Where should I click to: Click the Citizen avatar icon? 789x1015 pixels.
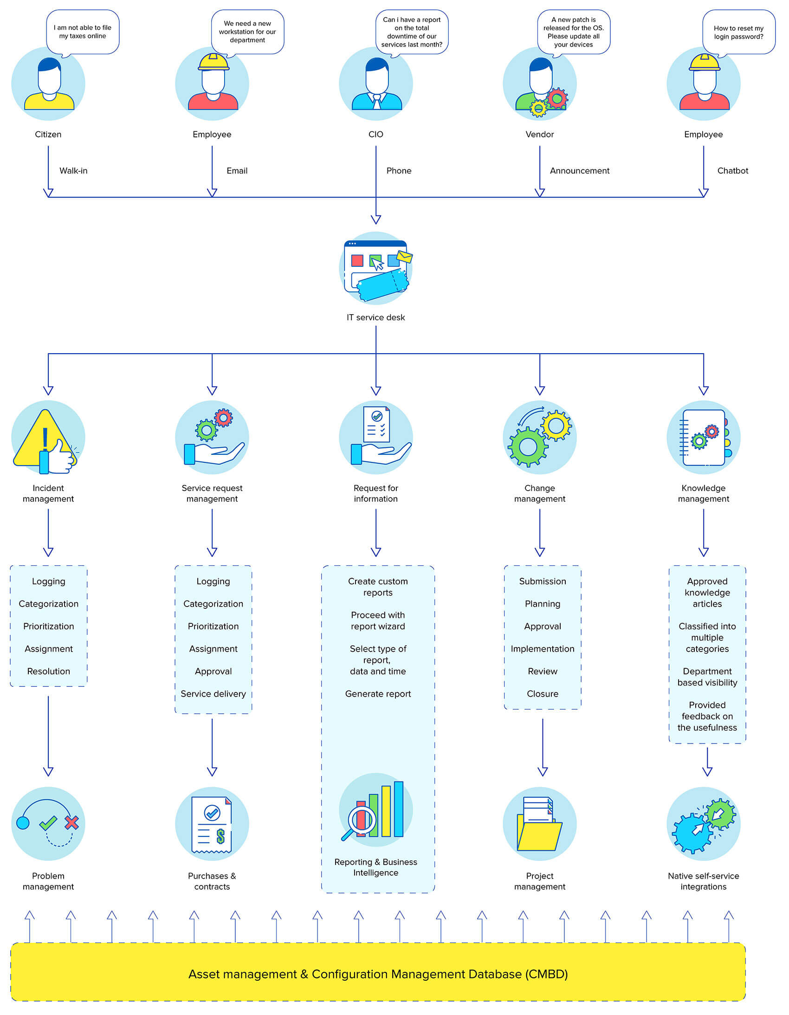click(x=48, y=84)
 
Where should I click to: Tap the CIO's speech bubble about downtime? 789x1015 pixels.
click(x=412, y=32)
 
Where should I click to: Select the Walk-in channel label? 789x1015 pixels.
click(x=73, y=171)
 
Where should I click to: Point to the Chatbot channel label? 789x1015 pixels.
click(x=732, y=171)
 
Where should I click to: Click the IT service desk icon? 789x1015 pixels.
click(x=376, y=269)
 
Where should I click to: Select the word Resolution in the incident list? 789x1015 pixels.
click(x=49, y=672)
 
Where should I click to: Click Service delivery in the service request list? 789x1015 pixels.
click(x=213, y=694)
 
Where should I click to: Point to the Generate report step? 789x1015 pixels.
click(x=378, y=694)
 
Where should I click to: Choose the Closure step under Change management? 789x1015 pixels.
click(x=542, y=694)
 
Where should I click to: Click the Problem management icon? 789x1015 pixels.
click(x=48, y=824)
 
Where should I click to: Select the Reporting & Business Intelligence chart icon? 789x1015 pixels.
click(x=376, y=810)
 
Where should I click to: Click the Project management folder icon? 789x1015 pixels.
click(x=539, y=824)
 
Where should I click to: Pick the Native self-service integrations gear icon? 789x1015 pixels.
click(x=704, y=824)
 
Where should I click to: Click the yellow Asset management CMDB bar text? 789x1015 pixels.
click(x=378, y=974)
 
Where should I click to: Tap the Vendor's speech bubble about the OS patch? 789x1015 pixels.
click(x=573, y=32)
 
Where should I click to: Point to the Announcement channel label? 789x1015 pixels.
click(x=579, y=171)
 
